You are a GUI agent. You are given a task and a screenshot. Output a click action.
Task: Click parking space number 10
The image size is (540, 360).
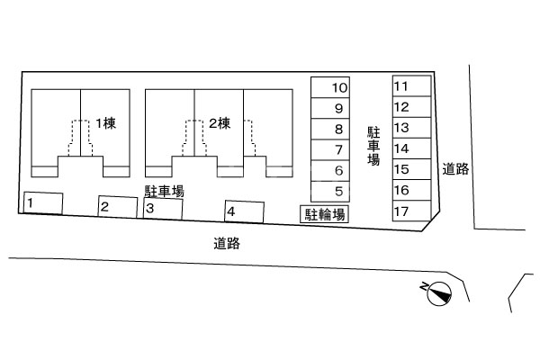pyautogui.click(x=330, y=87)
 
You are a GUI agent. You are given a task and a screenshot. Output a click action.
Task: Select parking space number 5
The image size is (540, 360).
pyautogui.click(x=330, y=191)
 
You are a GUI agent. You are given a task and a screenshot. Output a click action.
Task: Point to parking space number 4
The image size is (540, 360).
pyautogui.click(x=244, y=211)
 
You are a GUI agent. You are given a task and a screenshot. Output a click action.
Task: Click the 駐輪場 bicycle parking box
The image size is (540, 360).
pyautogui.click(x=324, y=213)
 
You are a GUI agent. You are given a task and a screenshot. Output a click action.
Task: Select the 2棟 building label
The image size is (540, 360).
pyautogui.click(x=220, y=123)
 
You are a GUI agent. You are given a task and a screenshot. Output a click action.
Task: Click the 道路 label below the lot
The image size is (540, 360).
pyautogui.click(x=227, y=242)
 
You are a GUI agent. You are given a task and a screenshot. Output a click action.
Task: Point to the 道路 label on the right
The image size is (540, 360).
pyautogui.click(x=456, y=168)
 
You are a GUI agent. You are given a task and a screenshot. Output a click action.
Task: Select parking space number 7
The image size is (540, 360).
pyautogui.click(x=330, y=149)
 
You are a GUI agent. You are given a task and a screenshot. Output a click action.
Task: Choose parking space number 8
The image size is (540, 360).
pyautogui.click(x=330, y=129)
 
